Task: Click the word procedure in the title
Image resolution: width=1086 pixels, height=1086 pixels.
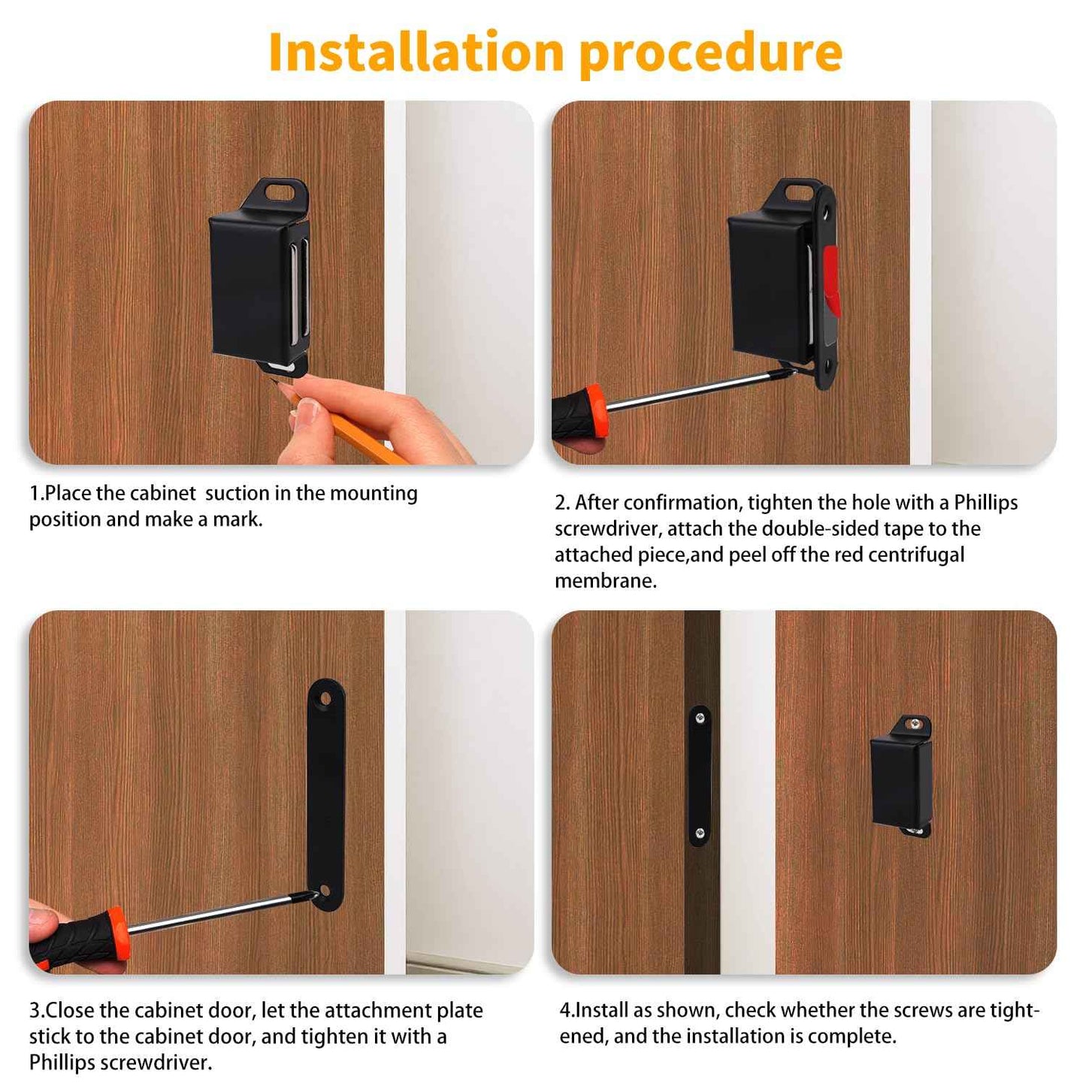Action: pyautogui.click(x=710, y=53)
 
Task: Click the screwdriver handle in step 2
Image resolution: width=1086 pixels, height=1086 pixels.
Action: pyautogui.click(x=579, y=413)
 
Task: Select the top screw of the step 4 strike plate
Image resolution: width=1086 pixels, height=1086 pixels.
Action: pyautogui.click(x=700, y=718)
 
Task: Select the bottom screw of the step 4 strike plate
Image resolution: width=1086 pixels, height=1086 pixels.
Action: pyautogui.click(x=700, y=833)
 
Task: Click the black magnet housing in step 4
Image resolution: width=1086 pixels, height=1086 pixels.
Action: pyautogui.click(x=900, y=782)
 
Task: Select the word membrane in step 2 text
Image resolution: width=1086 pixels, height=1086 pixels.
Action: pyautogui.click(x=604, y=581)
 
